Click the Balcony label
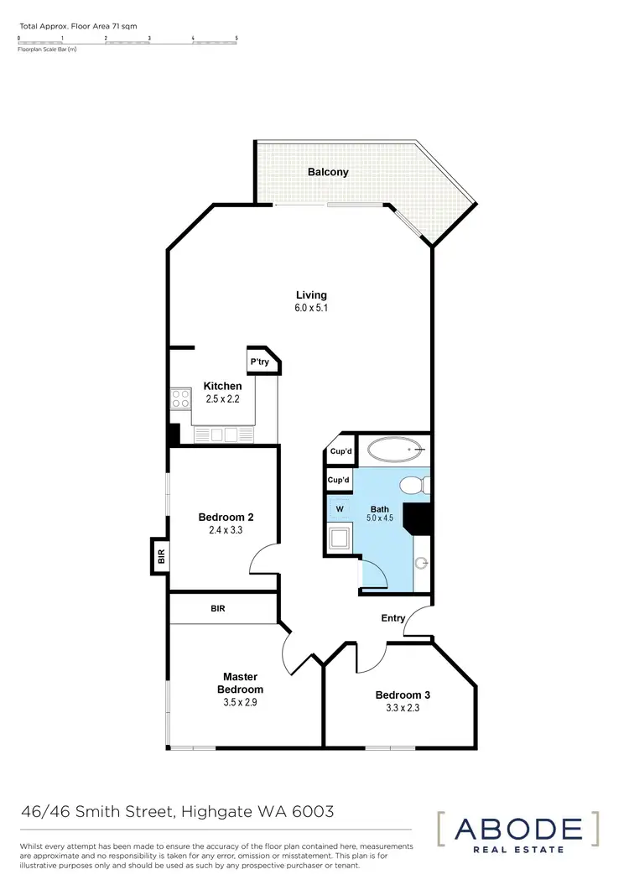[x=328, y=172]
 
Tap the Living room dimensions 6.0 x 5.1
[x=311, y=308]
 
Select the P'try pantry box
[x=259, y=362]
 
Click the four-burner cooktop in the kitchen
[x=180, y=398]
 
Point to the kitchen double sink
[x=222, y=434]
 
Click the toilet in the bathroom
[x=413, y=486]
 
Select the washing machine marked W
[x=340, y=508]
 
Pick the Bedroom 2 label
[x=226, y=518]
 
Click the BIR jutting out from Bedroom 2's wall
[x=159, y=555]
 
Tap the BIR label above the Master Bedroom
[x=217, y=609]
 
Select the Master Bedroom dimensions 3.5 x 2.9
[x=239, y=703]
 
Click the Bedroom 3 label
[x=402, y=695]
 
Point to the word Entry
[x=393, y=618]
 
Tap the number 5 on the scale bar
[x=237, y=38]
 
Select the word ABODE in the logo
[x=517, y=830]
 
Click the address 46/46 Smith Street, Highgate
[x=177, y=812]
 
